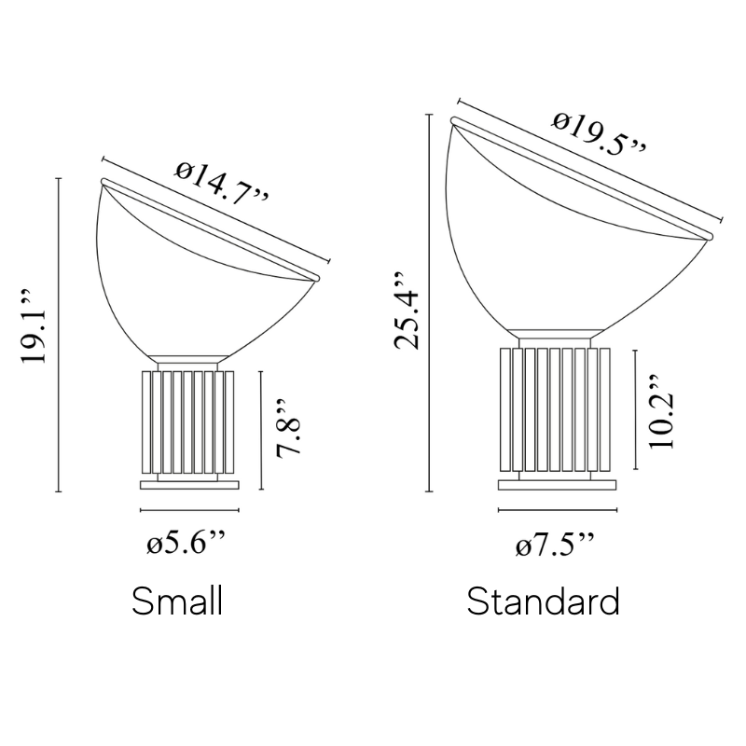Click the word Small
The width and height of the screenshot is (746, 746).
177,601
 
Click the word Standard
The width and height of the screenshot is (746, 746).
544,601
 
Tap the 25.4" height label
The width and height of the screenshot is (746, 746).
407,311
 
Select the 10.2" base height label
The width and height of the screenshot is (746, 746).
661,414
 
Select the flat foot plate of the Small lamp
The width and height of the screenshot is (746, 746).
189,484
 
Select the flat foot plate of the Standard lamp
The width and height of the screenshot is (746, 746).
558,483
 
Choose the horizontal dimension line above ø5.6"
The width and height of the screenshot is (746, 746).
189,511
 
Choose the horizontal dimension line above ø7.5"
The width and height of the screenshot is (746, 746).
558,510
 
